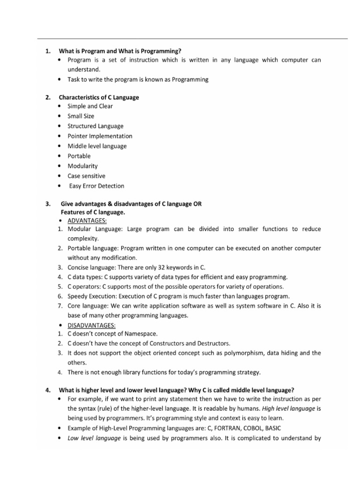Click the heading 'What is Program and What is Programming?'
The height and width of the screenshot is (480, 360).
point(120,51)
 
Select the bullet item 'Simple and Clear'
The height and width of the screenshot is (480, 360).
point(90,106)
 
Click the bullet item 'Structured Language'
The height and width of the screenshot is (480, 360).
point(95,126)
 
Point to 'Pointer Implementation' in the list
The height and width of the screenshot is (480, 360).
point(100,136)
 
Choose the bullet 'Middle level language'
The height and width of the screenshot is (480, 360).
point(97,146)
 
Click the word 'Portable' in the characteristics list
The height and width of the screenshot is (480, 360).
point(79,156)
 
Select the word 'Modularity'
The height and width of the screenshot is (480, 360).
point(83,166)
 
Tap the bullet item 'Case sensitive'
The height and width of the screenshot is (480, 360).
point(86,176)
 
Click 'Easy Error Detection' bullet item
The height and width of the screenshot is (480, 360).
point(97,186)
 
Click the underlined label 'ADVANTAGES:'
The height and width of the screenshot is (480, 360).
point(87,220)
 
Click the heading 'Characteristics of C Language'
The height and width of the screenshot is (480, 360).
point(98,97)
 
